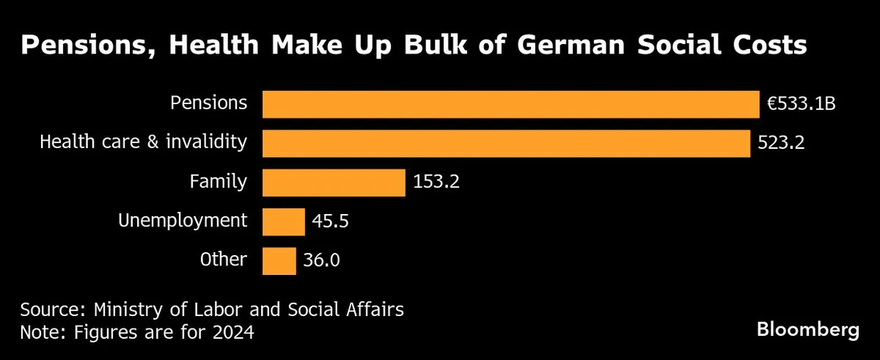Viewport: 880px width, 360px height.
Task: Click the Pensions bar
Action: coord(510,104)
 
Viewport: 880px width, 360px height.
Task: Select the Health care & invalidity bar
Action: coord(506,143)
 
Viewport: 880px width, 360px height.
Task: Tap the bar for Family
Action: coord(334,182)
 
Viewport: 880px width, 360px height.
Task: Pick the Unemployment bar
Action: coord(283,221)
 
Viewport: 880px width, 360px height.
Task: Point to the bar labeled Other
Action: coord(279,260)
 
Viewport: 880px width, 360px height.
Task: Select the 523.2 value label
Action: coord(781,143)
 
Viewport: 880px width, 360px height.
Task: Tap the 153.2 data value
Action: coord(436,182)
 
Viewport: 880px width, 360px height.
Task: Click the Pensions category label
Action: coord(209,103)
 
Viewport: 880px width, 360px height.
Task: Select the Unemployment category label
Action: coord(183,220)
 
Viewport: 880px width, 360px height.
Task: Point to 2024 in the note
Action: coord(232,332)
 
